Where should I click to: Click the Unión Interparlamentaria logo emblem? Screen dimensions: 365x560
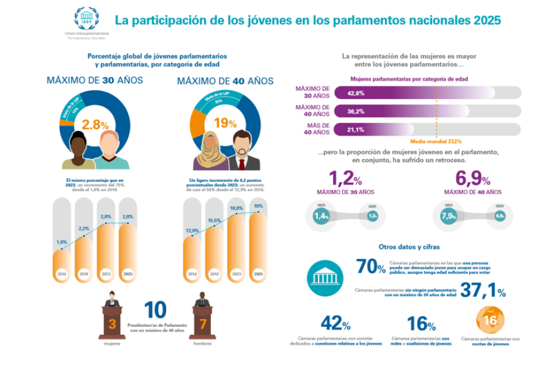pos(86,18)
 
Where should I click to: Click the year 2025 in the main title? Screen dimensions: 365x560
pos(487,20)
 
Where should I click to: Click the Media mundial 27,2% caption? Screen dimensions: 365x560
pos(436,141)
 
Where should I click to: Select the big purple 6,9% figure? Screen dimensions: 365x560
pos(473,179)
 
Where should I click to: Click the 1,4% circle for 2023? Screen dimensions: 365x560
pos(321,216)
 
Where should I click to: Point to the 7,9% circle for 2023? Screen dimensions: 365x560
pos(448,216)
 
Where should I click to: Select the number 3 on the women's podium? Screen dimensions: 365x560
pos(112,323)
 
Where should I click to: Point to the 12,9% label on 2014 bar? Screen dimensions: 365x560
pos(192,230)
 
